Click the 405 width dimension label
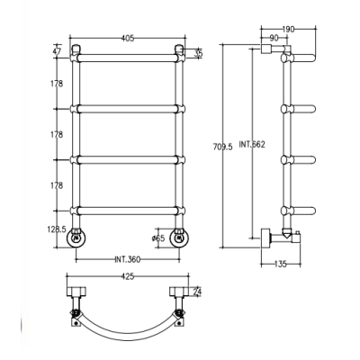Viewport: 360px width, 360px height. coord(128,38)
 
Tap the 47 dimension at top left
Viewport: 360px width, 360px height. coord(57,51)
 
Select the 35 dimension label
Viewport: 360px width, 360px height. coord(198,53)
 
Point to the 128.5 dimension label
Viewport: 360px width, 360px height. coord(57,229)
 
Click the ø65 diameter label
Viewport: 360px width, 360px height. coord(158,238)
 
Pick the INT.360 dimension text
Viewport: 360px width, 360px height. coord(128,259)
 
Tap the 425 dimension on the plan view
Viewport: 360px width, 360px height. coord(128,276)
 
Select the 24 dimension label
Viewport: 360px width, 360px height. coord(197,292)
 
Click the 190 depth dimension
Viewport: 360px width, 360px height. coord(288,29)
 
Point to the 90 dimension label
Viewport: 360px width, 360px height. coord(274,38)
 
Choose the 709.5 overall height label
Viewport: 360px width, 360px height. coord(223,147)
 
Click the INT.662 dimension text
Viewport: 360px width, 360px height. coord(252,144)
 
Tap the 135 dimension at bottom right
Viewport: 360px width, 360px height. coord(281,265)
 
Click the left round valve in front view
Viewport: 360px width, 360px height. coord(76,238)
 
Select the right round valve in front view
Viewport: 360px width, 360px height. coord(179,238)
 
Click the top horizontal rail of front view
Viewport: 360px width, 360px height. coord(128,58)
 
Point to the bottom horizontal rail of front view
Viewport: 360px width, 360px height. coord(128,211)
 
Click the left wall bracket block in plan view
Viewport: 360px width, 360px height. coord(76,292)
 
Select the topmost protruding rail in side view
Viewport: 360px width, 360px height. coord(299,58)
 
